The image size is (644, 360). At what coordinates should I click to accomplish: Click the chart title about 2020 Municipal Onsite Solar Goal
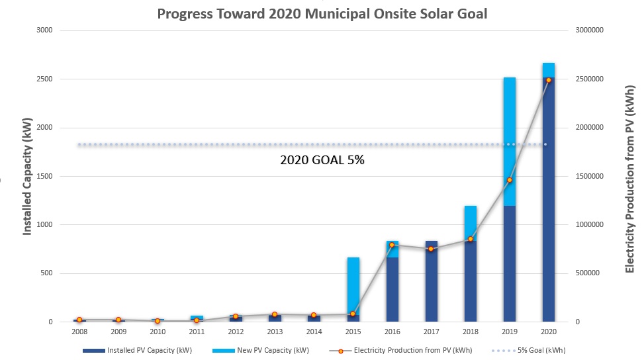tap(322, 14)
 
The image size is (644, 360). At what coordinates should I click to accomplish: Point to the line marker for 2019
tap(509, 180)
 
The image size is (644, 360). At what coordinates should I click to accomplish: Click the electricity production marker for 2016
tap(392, 245)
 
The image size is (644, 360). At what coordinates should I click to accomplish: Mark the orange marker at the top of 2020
tap(548, 80)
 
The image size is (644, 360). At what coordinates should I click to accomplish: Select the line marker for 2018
tap(470, 239)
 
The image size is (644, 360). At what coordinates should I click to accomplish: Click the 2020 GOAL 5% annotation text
tap(323, 160)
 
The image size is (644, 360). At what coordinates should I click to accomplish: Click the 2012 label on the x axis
tap(236, 332)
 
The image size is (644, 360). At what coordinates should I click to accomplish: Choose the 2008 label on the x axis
tap(79, 332)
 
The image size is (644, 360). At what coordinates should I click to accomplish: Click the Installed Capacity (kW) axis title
tap(28, 176)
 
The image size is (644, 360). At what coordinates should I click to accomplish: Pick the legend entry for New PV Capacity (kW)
tap(272, 350)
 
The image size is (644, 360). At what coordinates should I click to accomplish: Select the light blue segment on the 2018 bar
tap(470, 223)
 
